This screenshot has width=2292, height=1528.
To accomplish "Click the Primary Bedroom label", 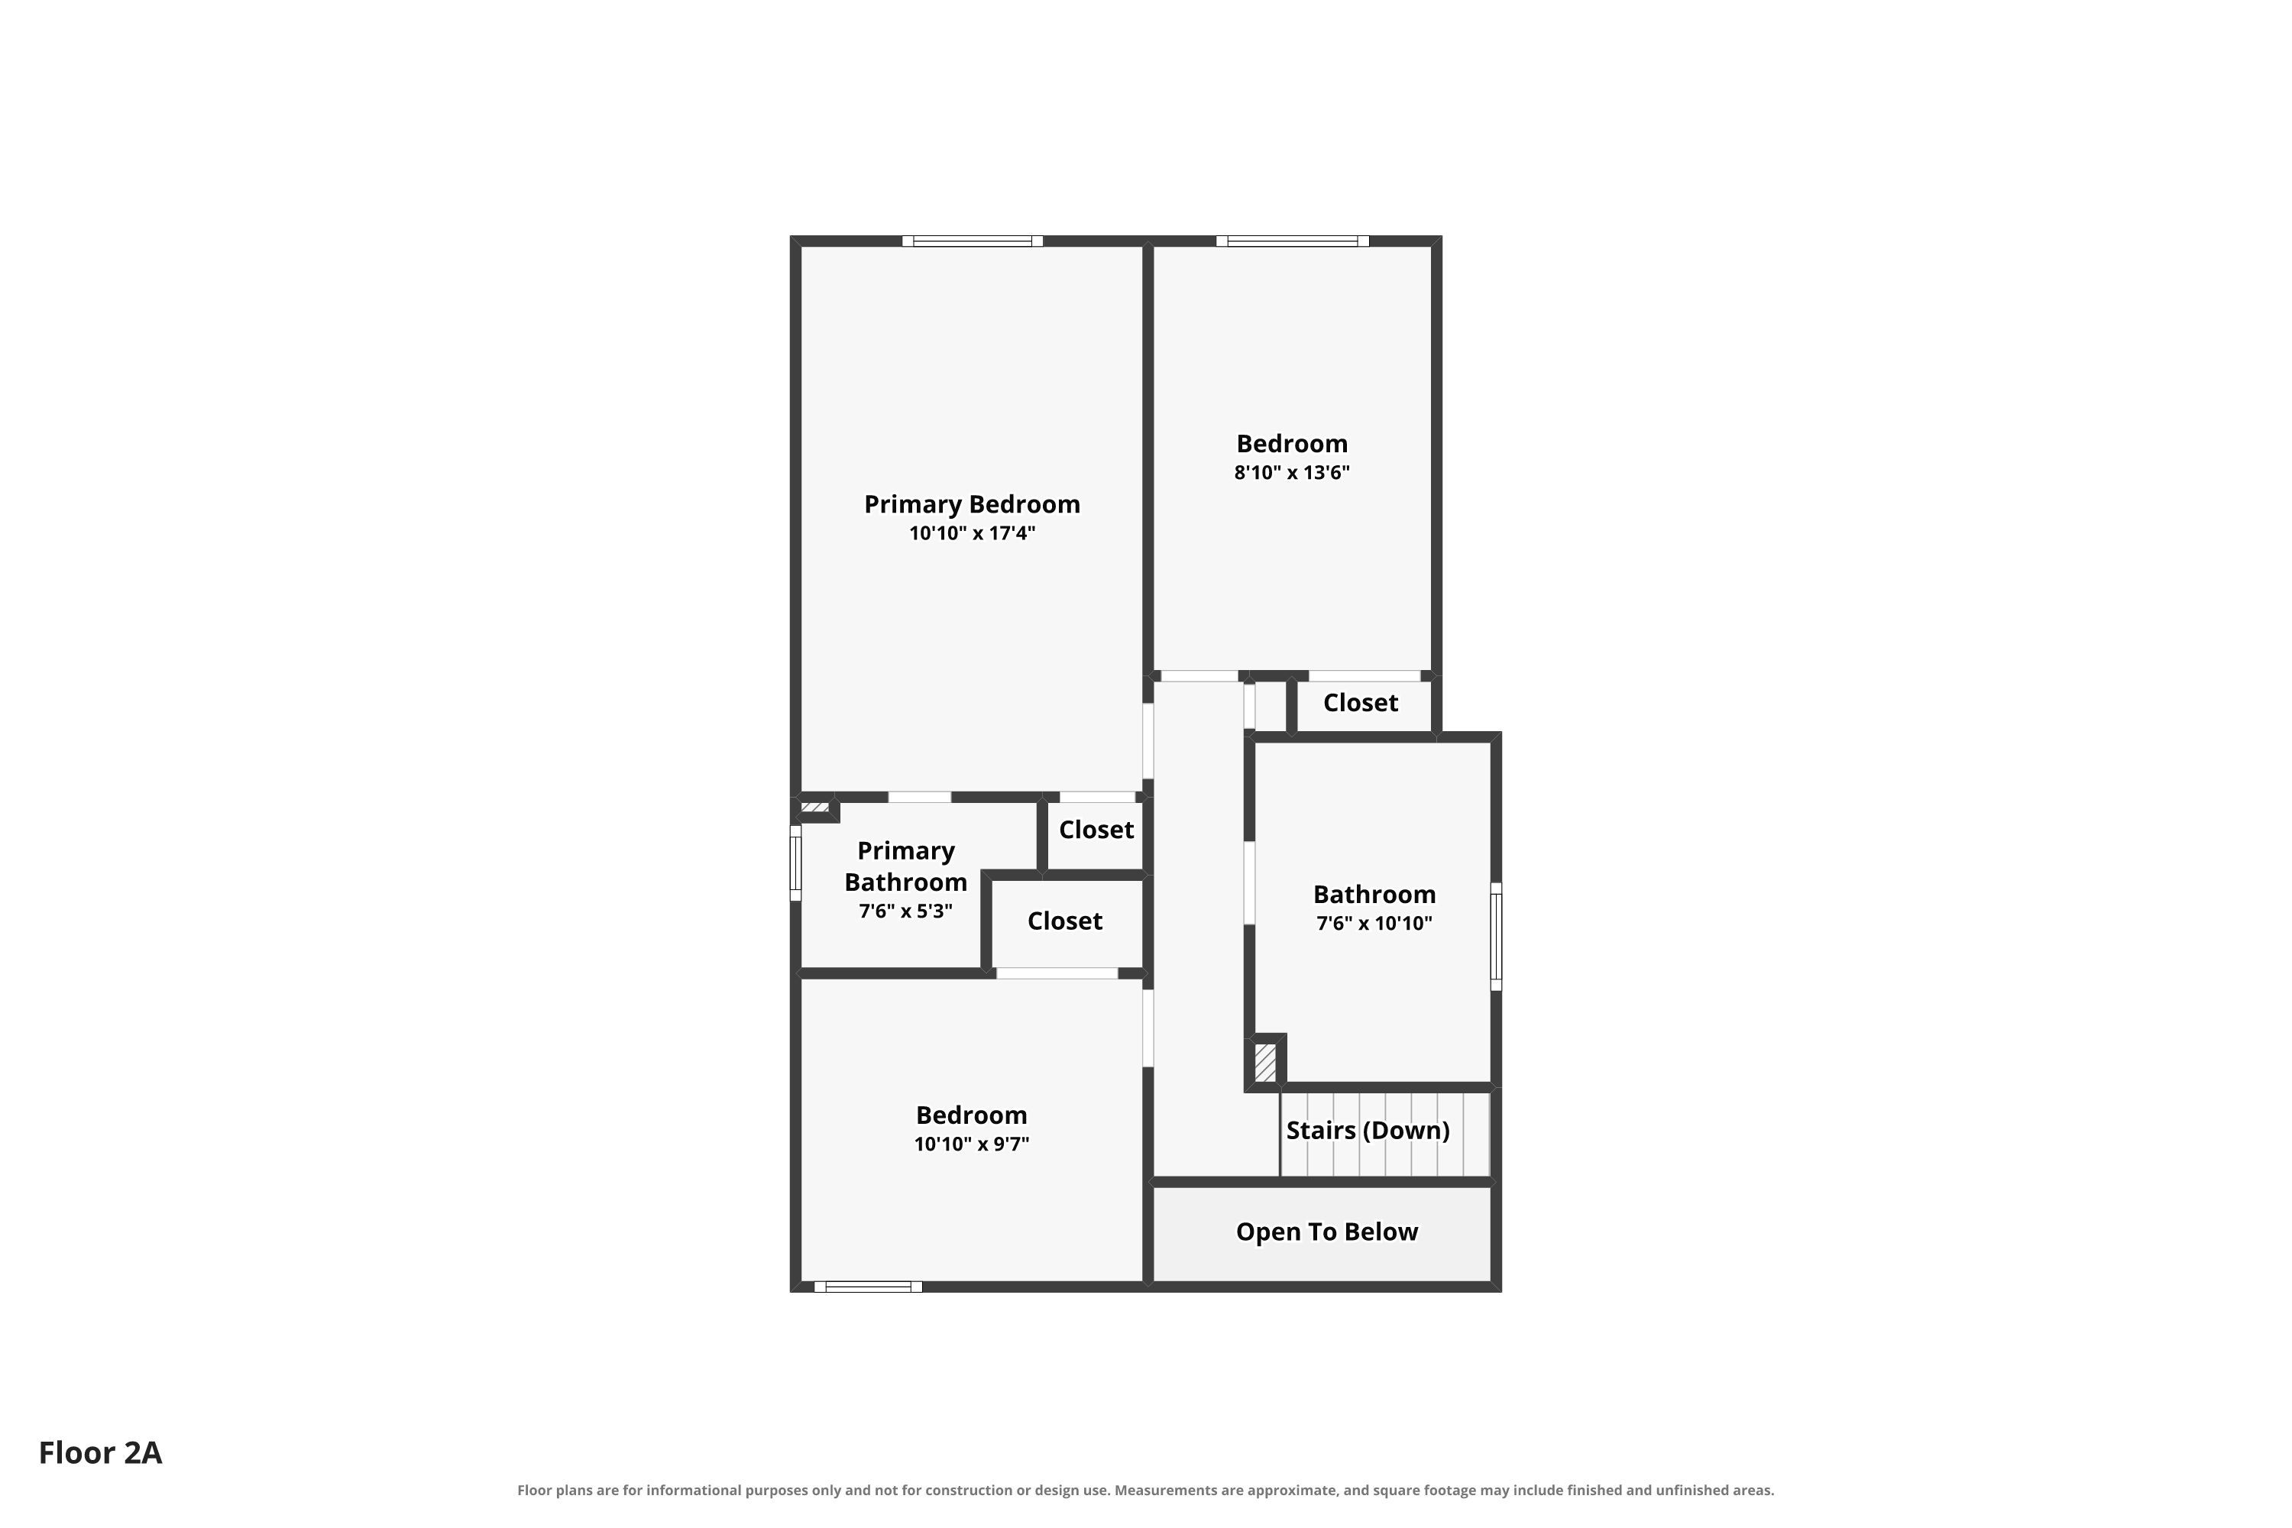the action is coord(972,505).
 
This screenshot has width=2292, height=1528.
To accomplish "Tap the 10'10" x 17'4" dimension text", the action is coord(972,533).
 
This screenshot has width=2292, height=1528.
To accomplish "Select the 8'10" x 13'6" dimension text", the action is coord(1291,473).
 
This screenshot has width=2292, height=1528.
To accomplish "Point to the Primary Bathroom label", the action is coord(905,866).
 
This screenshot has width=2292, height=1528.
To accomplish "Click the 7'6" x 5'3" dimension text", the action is coord(905,911).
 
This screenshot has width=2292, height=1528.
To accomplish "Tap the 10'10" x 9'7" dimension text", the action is coord(972,1144).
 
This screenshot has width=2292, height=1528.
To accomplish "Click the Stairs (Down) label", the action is coord(1368,1131).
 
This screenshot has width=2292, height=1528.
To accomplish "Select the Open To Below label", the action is coord(1326,1232).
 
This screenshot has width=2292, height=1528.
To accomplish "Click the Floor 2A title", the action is coord(100,1453).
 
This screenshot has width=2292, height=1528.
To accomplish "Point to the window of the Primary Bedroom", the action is coord(972,241).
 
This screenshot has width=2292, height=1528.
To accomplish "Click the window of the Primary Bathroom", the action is coord(795,863).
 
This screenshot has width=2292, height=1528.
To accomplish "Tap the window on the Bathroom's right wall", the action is coord(1496,937).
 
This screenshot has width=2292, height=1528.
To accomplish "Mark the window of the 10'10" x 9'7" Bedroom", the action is coord(867,1287).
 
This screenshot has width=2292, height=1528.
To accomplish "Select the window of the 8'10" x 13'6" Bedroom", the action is coord(1292,241).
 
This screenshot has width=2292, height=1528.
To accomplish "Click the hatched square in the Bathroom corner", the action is coord(1265,1062).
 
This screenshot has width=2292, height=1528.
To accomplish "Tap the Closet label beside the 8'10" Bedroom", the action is coord(1361,703).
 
